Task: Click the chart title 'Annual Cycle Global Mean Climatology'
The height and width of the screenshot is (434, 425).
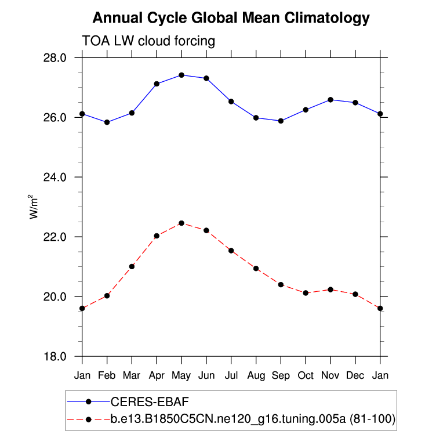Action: coord(231,18)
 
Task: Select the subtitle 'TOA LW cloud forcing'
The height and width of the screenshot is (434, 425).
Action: coord(149,41)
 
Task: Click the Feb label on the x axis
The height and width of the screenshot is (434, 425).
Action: coord(107,375)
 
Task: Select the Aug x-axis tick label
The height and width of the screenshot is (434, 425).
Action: coord(256,375)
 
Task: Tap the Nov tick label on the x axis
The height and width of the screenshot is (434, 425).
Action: coord(330,375)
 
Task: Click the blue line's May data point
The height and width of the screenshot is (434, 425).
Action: coord(181,75)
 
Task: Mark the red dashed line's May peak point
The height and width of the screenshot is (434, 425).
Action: coord(181,223)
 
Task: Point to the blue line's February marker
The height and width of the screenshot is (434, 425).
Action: coord(107,122)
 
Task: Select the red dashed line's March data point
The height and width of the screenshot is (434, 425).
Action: coord(132,266)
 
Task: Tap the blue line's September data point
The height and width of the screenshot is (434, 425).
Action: coord(281,121)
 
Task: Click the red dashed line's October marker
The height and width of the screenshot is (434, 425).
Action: coord(306,293)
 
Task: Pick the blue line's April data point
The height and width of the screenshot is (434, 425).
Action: coord(157,84)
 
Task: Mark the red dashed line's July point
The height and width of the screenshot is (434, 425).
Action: coord(231,251)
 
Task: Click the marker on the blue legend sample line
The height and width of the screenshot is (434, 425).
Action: coord(88,402)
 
